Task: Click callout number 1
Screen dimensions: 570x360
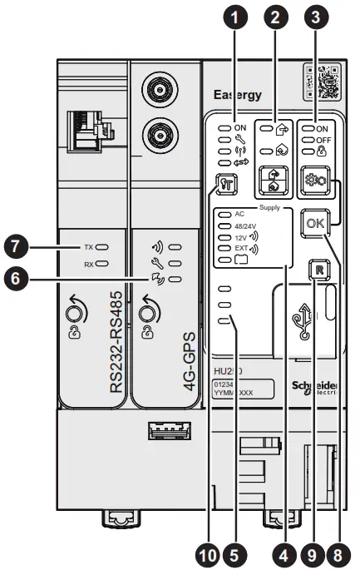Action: (x=236, y=16)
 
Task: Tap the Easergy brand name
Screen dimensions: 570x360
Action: (x=239, y=94)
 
